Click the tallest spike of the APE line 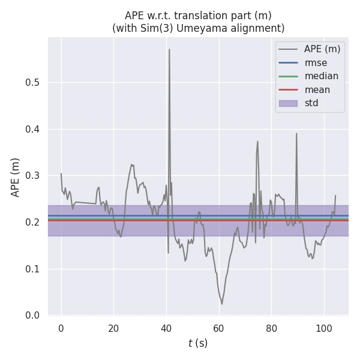point(169,50)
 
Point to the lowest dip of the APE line point(221,304)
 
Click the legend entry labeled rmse point(314,62)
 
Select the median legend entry point(321,76)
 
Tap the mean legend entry point(317,90)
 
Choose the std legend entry point(311,103)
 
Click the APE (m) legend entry point(323,49)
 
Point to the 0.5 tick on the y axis point(33,83)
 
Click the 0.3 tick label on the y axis point(33,176)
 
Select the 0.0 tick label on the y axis point(33,315)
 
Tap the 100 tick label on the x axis point(324,328)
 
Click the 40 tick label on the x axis point(166,328)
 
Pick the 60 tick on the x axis point(219,328)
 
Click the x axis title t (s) point(198,343)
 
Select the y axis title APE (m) point(16,177)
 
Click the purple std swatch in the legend point(288,103)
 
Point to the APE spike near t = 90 point(296,134)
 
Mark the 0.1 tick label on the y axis point(33,269)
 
